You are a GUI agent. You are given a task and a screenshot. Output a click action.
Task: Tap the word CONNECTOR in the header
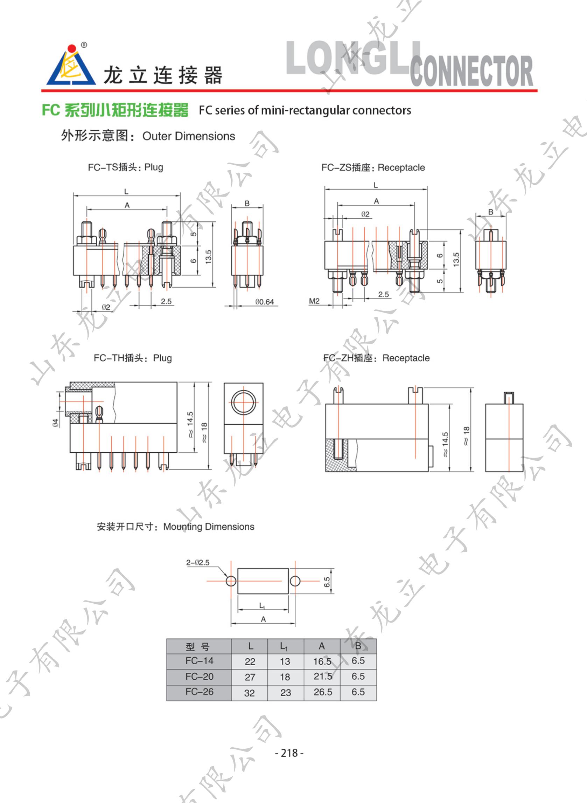(x=471, y=71)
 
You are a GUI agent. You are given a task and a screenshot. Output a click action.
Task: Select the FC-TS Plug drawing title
(x=125, y=167)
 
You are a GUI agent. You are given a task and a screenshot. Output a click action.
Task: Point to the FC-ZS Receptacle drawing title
(x=373, y=167)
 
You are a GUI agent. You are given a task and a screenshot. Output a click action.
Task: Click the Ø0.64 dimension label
(x=264, y=302)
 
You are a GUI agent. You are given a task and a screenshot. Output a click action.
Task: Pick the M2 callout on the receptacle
(x=314, y=301)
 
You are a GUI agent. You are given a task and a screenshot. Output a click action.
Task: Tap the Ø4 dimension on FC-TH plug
(x=55, y=423)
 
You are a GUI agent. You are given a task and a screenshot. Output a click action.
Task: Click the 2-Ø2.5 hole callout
(x=198, y=563)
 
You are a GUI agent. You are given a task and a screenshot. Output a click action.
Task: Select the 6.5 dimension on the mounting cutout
(x=327, y=582)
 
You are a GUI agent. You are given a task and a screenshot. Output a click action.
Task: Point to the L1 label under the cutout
(x=262, y=606)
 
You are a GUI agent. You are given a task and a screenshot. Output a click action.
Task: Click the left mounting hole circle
(x=231, y=581)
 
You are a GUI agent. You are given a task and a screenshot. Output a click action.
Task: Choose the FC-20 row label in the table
(x=199, y=677)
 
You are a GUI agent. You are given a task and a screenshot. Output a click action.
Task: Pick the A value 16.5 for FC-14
(x=322, y=661)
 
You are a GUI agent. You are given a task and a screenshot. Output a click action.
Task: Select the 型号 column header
(x=197, y=646)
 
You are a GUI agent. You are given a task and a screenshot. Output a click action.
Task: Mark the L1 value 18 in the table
(x=285, y=677)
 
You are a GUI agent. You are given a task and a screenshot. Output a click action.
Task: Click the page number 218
(x=289, y=753)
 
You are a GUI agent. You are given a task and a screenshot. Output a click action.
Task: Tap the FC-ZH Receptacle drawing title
(x=376, y=358)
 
